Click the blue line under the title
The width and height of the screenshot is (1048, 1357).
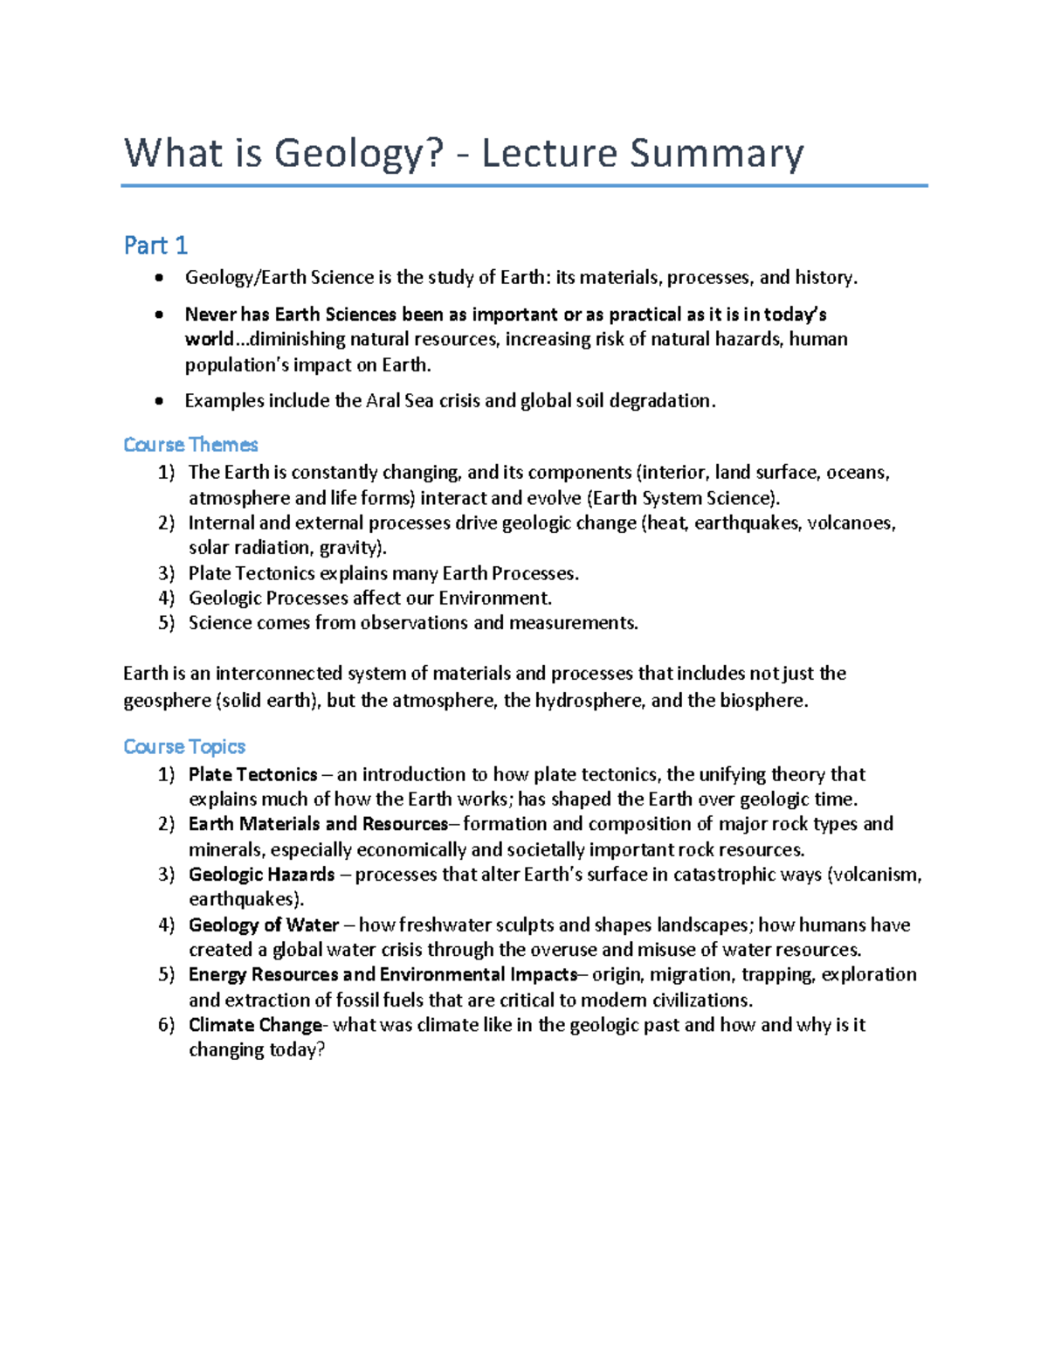coord(524,185)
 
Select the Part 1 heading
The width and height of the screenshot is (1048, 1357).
coord(155,246)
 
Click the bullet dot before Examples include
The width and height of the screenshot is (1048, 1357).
coord(158,402)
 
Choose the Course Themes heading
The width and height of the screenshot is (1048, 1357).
coord(190,445)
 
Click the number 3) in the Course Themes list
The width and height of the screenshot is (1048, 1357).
coord(166,573)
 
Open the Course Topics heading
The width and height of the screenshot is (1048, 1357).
coord(184,747)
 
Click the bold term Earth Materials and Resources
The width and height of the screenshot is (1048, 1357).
coord(318,824)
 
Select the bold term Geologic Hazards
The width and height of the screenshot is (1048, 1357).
coord(261,875)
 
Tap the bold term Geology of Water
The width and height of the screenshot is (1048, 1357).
coord(264,925)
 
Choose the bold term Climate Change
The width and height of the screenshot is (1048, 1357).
coord(255,1025)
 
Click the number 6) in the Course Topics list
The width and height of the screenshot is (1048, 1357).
coord(166,1025)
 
